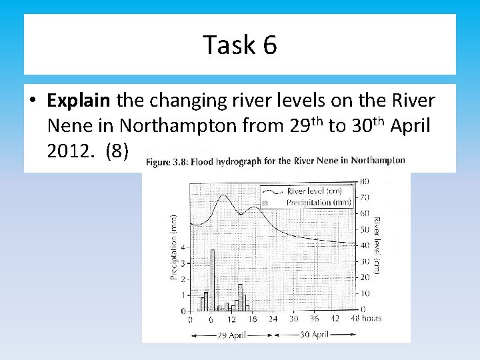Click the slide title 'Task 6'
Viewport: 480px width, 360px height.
(240, 45)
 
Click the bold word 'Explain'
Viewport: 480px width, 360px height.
(79, 101)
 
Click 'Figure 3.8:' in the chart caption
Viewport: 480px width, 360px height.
(167, 162)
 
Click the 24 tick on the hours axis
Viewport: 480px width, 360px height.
(272, 319)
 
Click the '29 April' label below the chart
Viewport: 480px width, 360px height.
(231, 334)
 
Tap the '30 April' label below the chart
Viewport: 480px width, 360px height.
(315, 334)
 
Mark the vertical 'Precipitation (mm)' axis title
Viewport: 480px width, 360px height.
(173, 247)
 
